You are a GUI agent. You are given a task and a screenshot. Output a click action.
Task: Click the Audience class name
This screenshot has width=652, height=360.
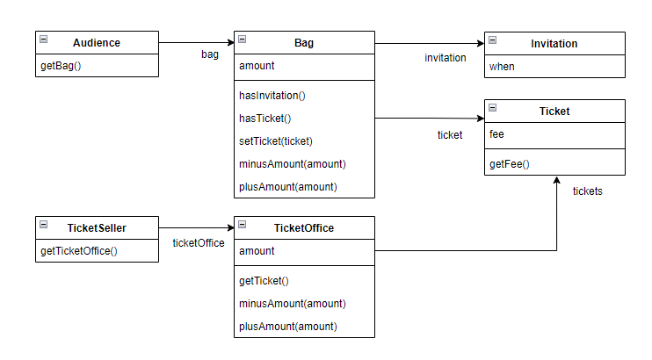[97, 43]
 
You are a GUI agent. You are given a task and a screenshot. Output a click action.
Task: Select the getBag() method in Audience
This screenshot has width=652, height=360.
[62, 66]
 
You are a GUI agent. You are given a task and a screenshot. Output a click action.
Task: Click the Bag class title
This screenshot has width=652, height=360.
[304, 43]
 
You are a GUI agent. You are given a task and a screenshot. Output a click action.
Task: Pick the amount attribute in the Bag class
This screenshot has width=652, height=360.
[257, 66]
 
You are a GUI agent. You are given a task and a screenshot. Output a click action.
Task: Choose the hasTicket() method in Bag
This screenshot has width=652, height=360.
[264, 118]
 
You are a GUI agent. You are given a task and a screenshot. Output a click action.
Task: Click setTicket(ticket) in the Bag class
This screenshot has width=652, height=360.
[276, 140]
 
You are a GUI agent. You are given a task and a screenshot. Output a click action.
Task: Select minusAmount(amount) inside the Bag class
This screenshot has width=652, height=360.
[292, 163]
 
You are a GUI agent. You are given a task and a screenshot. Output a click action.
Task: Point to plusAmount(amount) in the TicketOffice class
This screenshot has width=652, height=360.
[287, 326]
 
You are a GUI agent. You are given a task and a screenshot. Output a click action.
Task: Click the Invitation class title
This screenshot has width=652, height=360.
[554, 43]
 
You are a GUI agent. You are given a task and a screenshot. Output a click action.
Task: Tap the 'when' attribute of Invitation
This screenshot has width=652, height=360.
[502, 66]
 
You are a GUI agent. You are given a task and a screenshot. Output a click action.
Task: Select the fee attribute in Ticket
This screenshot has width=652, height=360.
[496, 134]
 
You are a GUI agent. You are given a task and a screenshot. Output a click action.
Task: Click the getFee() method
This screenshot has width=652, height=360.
[509, 163]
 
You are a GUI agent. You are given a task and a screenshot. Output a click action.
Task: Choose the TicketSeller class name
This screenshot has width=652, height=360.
[97, 227]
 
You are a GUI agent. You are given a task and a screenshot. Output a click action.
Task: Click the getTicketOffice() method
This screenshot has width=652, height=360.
[79, 250]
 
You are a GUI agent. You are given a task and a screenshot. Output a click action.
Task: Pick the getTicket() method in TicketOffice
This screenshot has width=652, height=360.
[264, 280]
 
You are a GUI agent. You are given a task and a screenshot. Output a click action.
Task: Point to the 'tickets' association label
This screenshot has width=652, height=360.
[587, 191]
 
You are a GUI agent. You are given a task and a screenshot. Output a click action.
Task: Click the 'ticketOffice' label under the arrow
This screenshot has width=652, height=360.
[198, 243]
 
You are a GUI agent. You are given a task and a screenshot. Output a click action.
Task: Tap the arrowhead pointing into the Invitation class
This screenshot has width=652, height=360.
[480, 43]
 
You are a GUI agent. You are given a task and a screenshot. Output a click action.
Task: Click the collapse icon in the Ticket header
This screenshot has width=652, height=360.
[493, 107]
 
